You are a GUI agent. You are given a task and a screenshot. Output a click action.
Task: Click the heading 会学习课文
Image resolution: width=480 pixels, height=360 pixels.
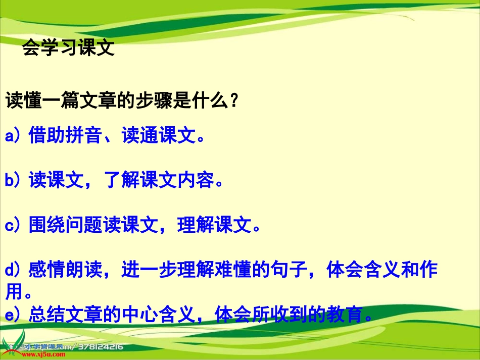[x=69, y=48]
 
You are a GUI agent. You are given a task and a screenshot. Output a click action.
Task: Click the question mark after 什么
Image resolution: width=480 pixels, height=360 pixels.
[x=233, y=101]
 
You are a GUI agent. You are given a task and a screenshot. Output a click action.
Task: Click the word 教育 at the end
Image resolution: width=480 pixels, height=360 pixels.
[x=344, y=316]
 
